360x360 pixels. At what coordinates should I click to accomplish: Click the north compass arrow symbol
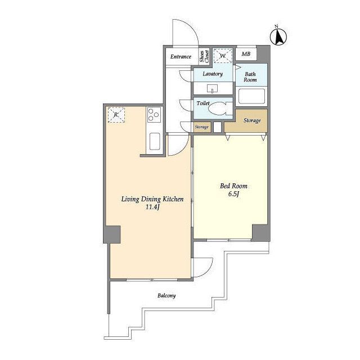(x=278, y=36)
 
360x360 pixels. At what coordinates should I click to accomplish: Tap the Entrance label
(x=181, y=56)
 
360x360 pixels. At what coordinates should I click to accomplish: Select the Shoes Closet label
(x=204, y=56)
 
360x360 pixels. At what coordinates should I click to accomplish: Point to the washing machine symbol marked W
(x=223, y=56)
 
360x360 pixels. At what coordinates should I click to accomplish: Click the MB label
(x=246, y=54)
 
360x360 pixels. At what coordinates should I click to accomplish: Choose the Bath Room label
(x=250, y=77)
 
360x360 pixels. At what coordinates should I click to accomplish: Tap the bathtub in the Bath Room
(x=251, y=96)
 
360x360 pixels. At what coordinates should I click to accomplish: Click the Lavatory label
(x=213, y=74)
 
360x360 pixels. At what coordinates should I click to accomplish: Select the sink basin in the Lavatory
(x=213, y=88)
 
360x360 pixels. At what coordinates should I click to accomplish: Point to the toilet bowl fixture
(x=220, y=109)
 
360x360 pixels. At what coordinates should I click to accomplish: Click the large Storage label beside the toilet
(x=252, y=120)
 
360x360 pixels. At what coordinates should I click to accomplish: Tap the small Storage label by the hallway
(x=201, y=127)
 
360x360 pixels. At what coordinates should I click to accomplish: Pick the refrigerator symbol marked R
(x=116, y=115)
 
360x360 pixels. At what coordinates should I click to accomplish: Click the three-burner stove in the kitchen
(x=154, y=115)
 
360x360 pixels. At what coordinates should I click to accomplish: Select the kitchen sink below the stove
(x=155, y=141)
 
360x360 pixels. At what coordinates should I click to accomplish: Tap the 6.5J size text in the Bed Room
(x=234, y=194)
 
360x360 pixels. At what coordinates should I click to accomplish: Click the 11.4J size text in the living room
(x=152, y=207)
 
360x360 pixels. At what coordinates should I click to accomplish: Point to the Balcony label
(x=166, y=295)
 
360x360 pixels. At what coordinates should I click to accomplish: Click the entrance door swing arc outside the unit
(x=192, y=27)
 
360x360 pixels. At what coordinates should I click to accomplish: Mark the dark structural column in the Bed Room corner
(x=261, y=233)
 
